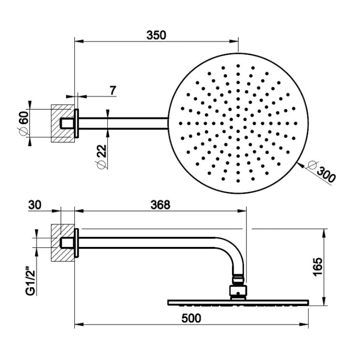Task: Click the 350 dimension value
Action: [x=157, y=35]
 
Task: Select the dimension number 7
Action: [x=113, y=90]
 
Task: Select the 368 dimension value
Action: [x=160, y=205]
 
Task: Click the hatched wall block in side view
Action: [x=62, y=242]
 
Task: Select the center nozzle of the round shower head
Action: [x=238, y=121]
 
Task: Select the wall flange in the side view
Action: [x=76, y=242]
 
